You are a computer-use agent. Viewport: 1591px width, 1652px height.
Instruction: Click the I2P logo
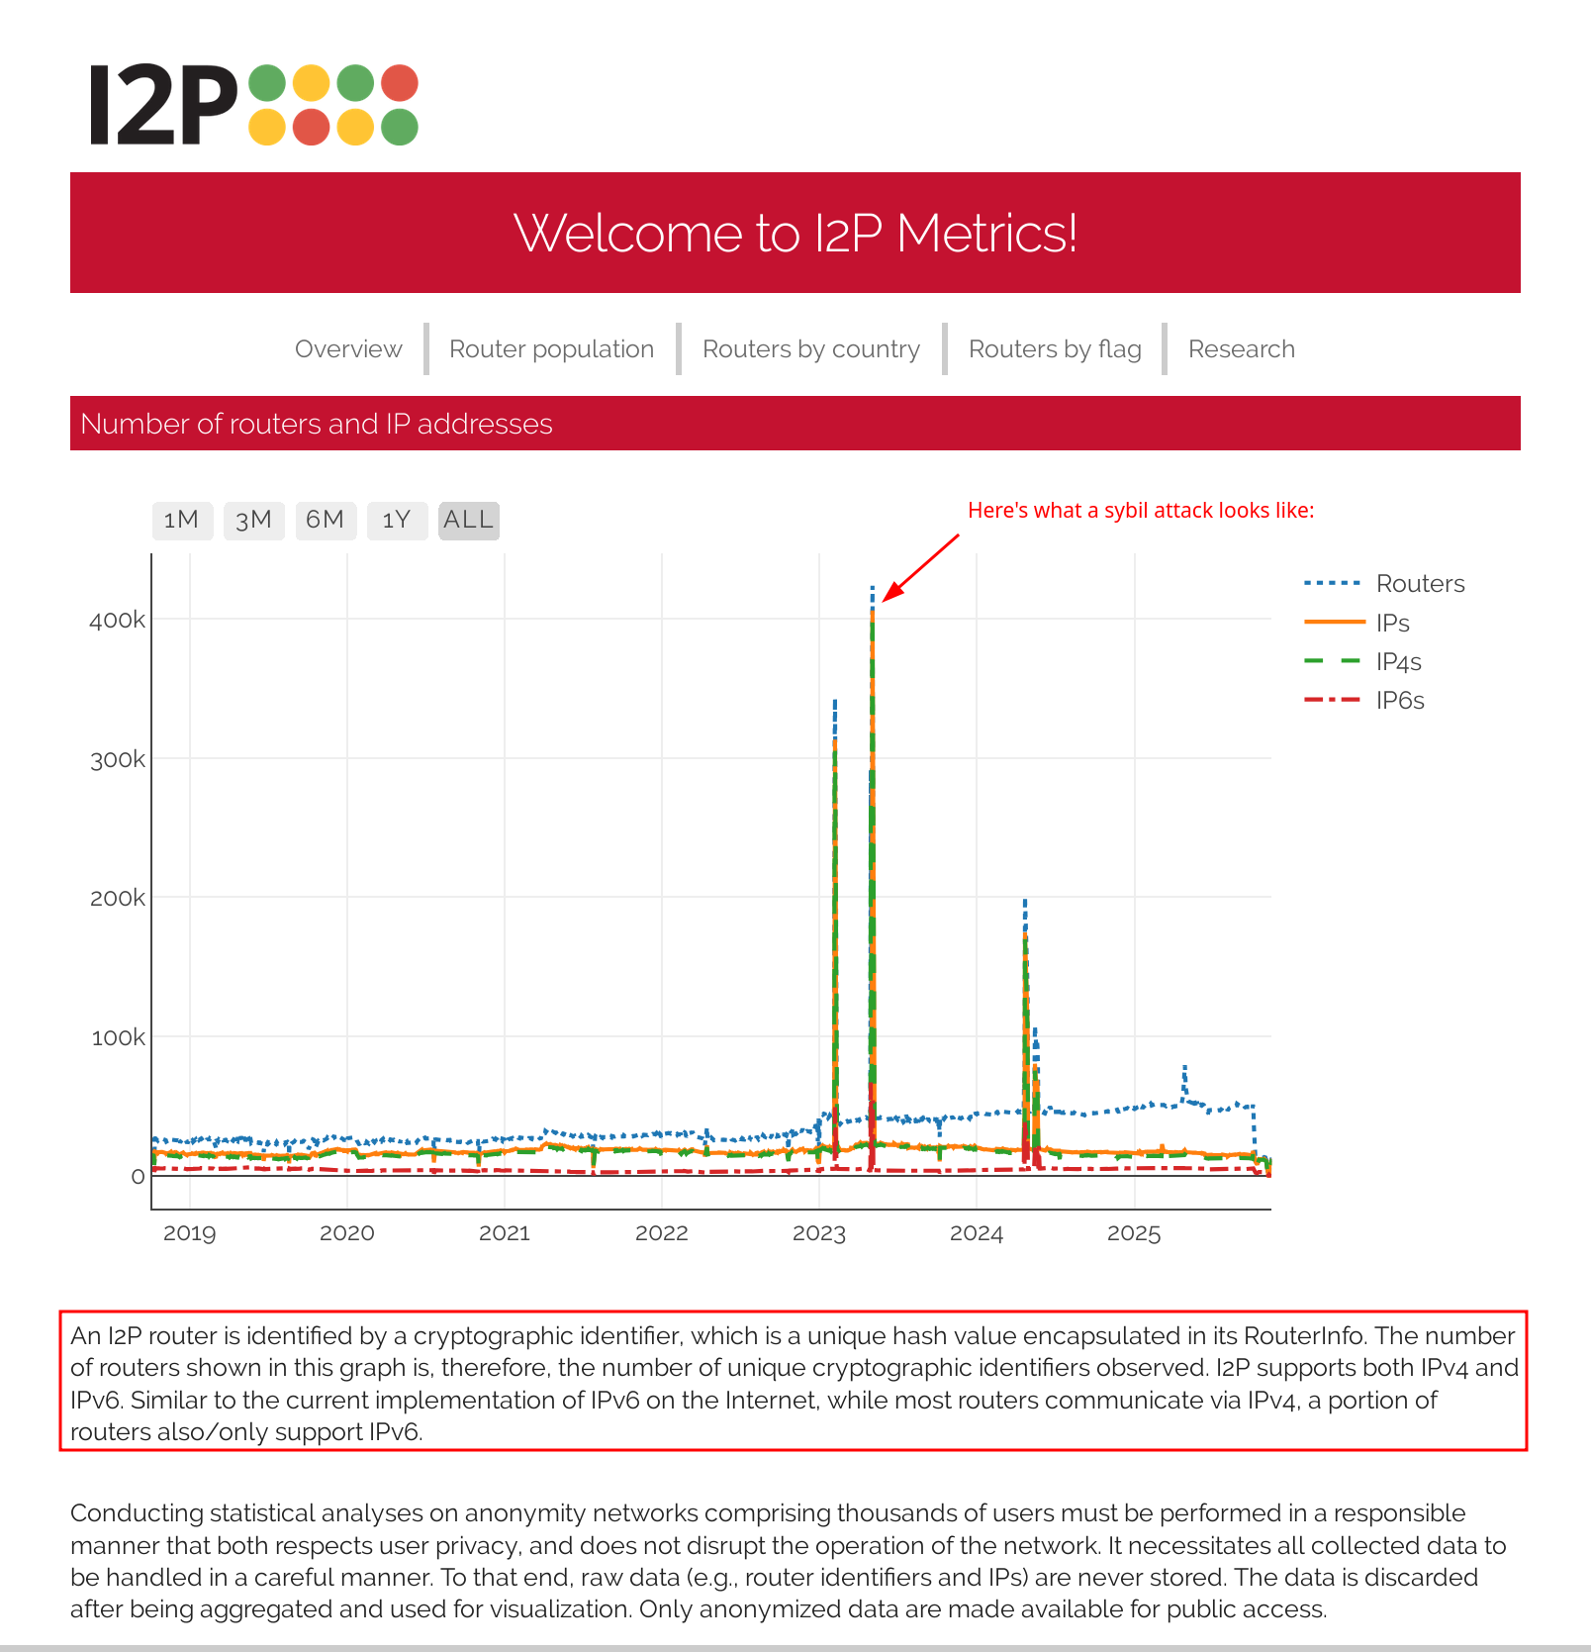[253, 106]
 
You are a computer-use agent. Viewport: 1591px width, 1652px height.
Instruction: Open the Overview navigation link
[348, 349]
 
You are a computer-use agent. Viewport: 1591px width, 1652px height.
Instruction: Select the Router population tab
[551, 349]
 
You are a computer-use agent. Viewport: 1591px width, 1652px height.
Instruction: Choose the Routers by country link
[810, 349]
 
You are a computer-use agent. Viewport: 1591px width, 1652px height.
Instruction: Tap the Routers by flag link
[1055, 349]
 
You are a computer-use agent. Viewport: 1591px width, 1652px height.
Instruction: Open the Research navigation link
[1241, 349]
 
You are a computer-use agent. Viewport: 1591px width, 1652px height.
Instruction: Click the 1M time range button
[182, 520]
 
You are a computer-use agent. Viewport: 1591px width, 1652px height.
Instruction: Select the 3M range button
[254, 520]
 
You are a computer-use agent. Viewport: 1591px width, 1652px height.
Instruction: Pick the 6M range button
[326, 520]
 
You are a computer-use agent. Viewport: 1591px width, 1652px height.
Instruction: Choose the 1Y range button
[397, 520]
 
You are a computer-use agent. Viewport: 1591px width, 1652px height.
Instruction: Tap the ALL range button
[468, 520]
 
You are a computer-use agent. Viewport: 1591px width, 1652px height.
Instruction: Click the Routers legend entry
[1420, 584]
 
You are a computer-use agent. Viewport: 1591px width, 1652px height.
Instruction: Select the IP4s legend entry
[1398, 662]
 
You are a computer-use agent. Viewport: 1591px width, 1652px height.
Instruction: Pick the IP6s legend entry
[1399, 701]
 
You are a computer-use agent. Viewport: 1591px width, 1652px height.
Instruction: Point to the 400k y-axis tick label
[117, 621]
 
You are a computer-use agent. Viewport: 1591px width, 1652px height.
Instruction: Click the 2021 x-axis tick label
[505, 1233]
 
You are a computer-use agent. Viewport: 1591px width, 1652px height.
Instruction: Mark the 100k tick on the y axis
[118, 1038]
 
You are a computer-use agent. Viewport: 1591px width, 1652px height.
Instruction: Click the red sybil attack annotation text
[1141, 511]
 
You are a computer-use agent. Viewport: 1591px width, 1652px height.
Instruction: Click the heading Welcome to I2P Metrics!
[795, 234]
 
